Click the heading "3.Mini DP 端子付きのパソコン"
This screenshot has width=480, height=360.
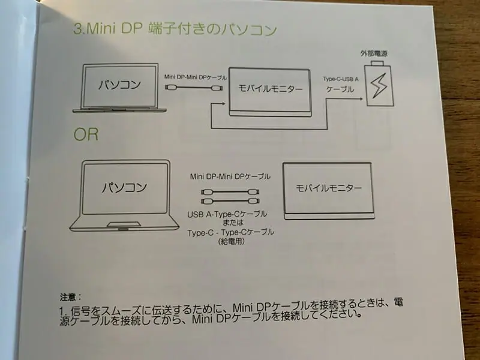pos(175,29)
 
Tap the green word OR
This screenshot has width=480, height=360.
pos(86,134)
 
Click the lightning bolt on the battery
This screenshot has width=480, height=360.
pos(379,86)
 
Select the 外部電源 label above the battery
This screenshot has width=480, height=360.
pos(374,53)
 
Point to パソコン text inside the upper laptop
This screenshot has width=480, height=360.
pos(119,85)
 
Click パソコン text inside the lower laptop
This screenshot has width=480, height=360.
pos(124,187)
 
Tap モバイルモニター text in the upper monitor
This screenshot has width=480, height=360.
pos(271,89)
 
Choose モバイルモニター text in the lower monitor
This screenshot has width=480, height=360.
pos(328,188)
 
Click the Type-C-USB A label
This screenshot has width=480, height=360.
pos(340,79)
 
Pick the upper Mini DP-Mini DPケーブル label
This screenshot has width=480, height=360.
pos(196,77)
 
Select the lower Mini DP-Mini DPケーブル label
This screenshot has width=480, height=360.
pos(230,176)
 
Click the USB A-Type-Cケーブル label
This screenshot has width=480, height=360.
pos(227,214)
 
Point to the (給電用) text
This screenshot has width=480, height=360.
pos(232,242)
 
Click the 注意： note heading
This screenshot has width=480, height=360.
pos(71,297)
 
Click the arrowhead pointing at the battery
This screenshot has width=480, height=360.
pos(361,99)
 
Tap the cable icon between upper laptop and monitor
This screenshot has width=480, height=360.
pos(193,88)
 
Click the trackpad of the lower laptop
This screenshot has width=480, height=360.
pos(124,224)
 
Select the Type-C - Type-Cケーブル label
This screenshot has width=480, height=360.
pos(231,233)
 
